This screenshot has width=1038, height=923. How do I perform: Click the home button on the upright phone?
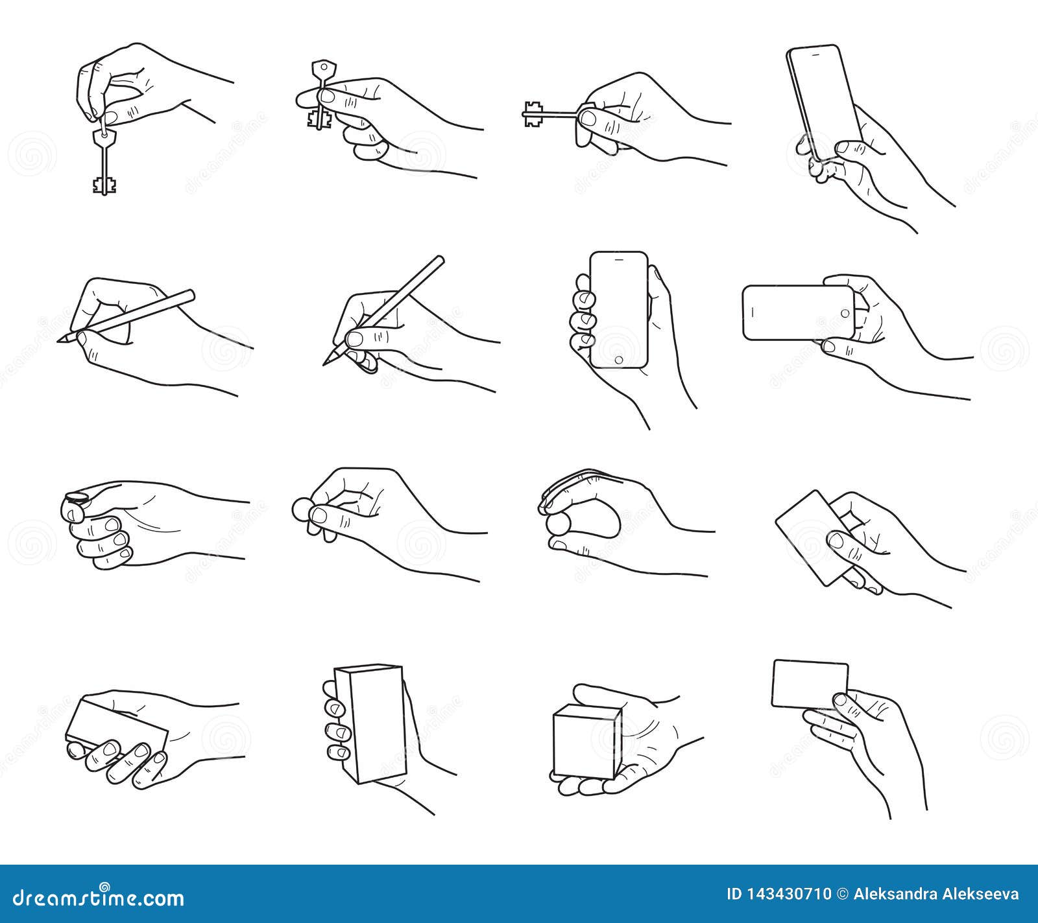click(618, 359)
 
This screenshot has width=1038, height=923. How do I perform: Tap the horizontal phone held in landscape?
click(798, 312)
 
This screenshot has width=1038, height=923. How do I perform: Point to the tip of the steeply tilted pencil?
click(325, 364)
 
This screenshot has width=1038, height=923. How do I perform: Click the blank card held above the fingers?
click(809, 684)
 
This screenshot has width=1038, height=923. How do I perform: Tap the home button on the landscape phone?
click(845, 312)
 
